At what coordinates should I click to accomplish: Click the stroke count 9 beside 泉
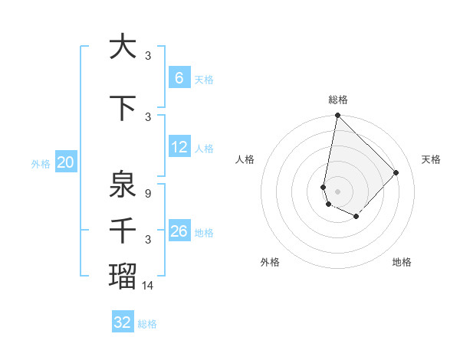tap(148, 194)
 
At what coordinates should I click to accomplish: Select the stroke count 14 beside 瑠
tap(148, 285)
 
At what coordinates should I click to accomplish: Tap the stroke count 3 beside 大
tap(148, 55)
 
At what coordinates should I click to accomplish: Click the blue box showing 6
tap(179, 78)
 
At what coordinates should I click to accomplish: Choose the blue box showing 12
tap(179, 147)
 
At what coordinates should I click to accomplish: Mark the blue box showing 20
tap(65, 162)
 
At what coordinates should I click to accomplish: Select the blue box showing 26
tap(179, 231)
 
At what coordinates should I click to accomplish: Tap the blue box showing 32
tap(123, 322)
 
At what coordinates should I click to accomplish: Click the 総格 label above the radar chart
tap(338, 100)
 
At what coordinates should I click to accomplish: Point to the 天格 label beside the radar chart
tap(432, 159)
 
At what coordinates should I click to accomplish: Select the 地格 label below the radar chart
tap(402, 262)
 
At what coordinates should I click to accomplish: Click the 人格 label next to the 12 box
tap(204, 148)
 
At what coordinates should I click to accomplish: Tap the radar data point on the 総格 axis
tap(337, 116)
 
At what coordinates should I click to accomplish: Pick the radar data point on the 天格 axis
tap(396, 172)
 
